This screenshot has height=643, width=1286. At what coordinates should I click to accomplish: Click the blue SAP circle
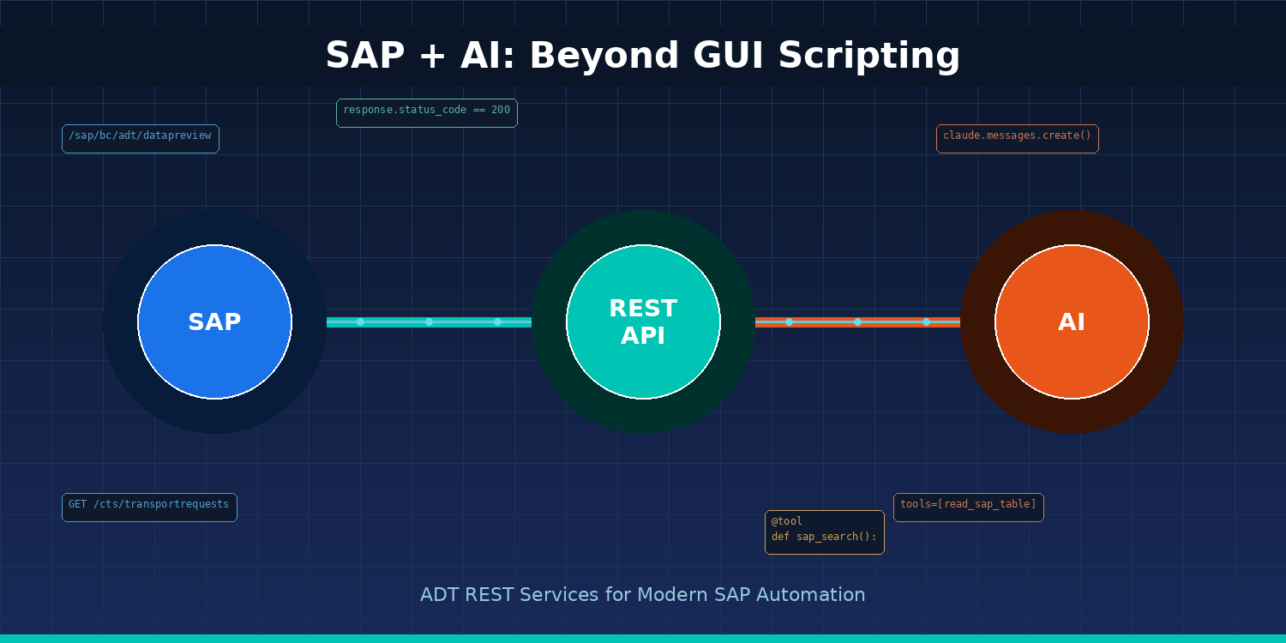214,321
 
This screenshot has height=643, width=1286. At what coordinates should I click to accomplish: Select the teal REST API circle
643,321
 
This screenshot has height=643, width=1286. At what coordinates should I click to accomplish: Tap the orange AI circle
1072,321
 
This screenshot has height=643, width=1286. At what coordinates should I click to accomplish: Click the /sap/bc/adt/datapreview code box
141,139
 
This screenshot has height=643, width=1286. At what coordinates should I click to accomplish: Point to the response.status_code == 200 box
427,113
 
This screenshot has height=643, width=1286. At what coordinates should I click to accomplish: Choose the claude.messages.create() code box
1018,139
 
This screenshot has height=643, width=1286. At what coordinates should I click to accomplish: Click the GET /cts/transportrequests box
149,508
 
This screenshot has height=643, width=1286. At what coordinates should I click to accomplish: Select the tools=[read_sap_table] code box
969,508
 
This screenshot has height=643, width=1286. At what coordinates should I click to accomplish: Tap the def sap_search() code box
825,532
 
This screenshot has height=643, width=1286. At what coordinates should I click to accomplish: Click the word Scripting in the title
869,57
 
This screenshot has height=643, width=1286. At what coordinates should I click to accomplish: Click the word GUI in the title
728,56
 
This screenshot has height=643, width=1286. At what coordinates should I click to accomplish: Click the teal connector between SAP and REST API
429,322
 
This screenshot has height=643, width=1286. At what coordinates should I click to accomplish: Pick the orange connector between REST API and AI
857,322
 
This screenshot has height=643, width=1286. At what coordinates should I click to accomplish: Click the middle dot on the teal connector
429,322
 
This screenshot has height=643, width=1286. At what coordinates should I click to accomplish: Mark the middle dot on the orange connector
857,322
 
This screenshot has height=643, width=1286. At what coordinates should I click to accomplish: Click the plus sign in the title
433,57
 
